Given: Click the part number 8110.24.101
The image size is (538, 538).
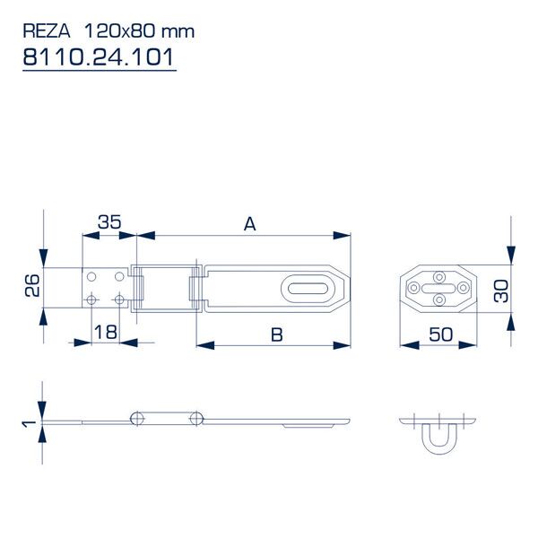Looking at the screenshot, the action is point(99,57).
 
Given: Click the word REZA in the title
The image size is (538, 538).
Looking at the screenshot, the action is point(47,31).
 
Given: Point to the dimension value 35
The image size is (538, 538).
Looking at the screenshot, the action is point(109,222).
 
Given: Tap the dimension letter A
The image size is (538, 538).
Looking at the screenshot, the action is point(250,224).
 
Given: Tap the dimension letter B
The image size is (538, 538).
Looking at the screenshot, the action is point(276,334).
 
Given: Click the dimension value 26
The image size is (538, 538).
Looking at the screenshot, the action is point(32,285).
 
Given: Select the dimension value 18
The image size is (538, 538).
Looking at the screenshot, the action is point(106,332).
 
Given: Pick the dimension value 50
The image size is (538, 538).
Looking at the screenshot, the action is point(441,334).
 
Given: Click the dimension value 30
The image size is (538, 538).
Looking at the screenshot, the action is point(501,291).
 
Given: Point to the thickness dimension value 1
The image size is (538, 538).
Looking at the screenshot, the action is point(29,423).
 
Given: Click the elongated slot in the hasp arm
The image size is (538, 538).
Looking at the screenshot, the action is point(308,289).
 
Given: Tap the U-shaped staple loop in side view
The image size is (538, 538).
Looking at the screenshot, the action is point(439,438).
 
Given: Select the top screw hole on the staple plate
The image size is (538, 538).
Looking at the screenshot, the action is point(438,277).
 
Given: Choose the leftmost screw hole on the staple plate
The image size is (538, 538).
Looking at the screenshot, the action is point(413,288).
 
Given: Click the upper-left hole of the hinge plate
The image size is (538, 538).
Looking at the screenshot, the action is point(91,276).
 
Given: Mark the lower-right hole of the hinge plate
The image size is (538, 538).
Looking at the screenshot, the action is point(119,300).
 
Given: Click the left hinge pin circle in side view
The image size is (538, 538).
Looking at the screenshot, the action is point(137,418).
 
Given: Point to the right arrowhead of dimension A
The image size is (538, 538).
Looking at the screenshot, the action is point(342,235).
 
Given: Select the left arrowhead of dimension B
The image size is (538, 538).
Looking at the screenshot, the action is point(205,345).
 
